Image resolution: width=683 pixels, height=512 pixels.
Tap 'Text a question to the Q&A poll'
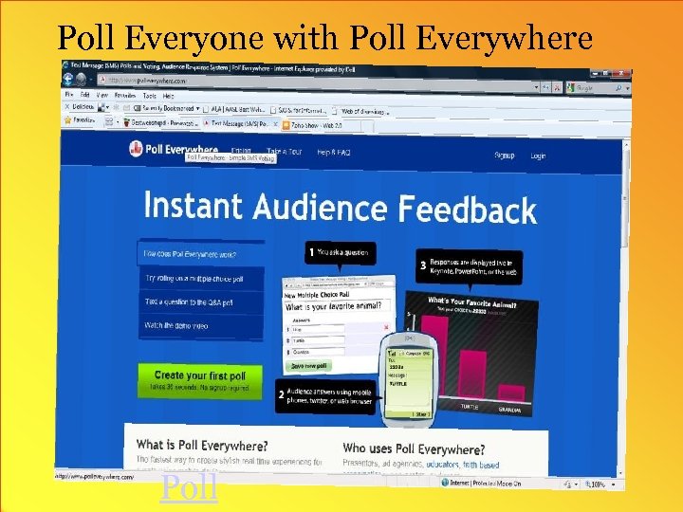(189, 302)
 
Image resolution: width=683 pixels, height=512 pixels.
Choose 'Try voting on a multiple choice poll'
(194, 279)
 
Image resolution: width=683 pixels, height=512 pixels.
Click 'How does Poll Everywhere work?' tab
(190, 254)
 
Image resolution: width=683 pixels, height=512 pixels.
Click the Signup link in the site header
(505, 155)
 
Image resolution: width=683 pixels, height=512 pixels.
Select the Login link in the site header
(538, 156)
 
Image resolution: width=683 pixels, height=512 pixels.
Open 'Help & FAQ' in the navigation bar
(334, 153)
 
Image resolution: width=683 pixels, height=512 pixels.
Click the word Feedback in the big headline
(467, 209)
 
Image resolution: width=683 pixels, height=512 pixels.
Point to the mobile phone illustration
(408, 376)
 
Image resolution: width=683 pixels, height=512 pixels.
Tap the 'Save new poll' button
(309, 366)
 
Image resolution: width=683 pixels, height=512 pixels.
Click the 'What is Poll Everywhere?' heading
(202, 444)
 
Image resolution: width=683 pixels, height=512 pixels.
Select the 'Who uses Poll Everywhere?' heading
(414, 448)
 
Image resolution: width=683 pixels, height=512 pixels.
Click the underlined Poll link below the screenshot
(190, 488)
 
